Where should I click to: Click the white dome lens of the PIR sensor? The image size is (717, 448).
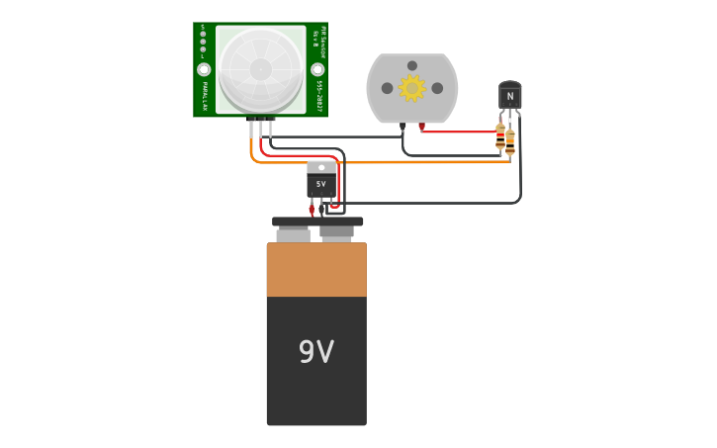point(260,68)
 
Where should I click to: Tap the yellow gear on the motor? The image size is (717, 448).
point(411,88)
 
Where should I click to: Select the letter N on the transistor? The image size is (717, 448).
point(510,97)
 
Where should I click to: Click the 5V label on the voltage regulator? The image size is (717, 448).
point(320,184)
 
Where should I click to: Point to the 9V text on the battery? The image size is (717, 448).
point(316,352)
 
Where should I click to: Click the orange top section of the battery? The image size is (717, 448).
point(316,270)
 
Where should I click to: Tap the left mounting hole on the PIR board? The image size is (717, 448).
point(204,69)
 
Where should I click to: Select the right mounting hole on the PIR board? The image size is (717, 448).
point(317,69)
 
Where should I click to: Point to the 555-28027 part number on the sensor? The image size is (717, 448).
point(320,95)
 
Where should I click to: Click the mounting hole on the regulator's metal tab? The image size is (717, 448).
point(320,167)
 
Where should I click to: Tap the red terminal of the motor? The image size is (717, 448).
point(422,126)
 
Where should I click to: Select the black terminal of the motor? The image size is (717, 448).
point(403,126)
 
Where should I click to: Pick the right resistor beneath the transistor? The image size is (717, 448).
point(510,143)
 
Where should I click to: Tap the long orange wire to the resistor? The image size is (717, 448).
point(415,162)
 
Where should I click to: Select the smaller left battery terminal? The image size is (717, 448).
point(293,235)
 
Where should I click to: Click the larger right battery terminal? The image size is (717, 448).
point(337,233)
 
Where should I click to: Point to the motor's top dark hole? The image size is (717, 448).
point(411,64)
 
